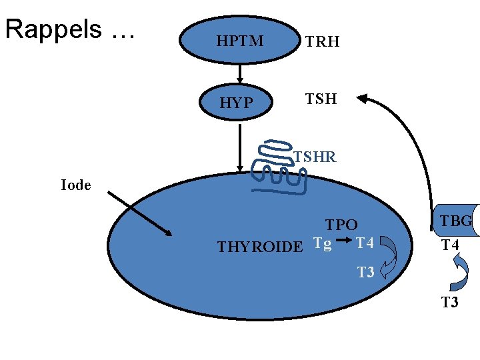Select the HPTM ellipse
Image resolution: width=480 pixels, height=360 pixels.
coord(239,41)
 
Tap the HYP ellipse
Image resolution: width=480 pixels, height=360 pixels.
coord(237,102)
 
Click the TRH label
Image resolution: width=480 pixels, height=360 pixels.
coord(323,42)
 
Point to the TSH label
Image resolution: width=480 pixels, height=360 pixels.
coord(321,100)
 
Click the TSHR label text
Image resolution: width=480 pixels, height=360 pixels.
coord(315,157)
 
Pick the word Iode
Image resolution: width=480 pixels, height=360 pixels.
coord(75,185)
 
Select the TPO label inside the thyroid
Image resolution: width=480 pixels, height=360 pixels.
coord(341,225)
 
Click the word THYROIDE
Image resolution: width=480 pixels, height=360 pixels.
coord(260,247)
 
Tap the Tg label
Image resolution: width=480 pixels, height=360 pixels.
coord(323,244)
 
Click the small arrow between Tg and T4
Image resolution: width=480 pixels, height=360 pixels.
coord(344,241)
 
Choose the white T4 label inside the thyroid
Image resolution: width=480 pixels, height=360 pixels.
coord(365,244)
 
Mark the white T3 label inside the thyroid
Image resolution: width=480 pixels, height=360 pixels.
coord(365,272)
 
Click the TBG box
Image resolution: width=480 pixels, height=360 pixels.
coord(457,221)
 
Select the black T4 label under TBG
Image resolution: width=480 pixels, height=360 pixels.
coord(451,245)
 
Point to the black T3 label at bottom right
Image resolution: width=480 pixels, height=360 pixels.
coord(450,303)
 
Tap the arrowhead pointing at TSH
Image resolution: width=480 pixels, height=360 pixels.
coord(363,99)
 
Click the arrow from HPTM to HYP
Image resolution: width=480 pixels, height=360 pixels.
coord(238,73)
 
